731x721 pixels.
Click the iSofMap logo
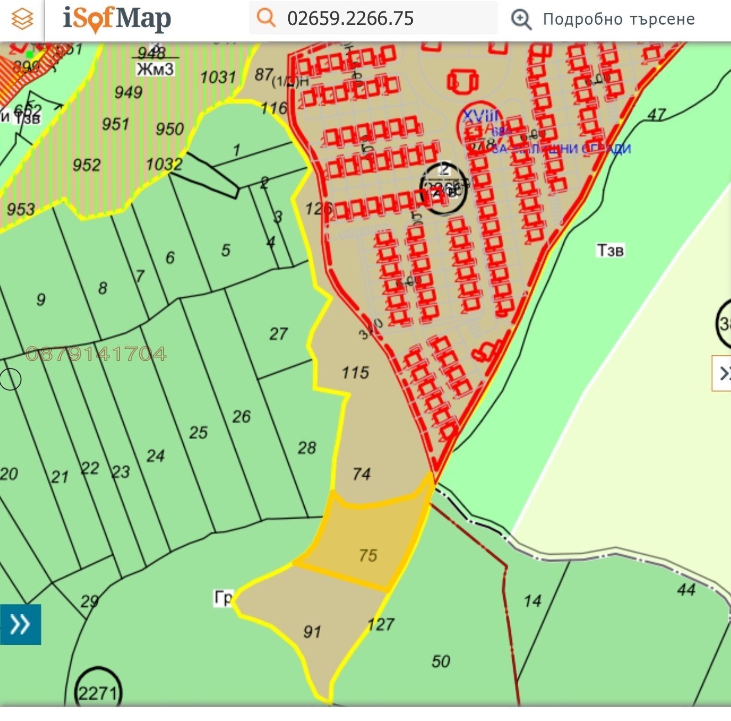(x=117, y=19)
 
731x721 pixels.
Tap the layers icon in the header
(x=22, y=19)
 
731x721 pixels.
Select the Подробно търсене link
(x=618, y=19)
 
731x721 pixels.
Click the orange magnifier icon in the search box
(x=266, y=18)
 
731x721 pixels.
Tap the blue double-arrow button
(x=20, y=624)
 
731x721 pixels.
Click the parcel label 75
(x=368, y=555)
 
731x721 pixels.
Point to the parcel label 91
(x=312, y=632)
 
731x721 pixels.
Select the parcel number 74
(x=361, y=474)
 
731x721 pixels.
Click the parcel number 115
(x=355, y=373)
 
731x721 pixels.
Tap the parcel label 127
(x=381, y=624)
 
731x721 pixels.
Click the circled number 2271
(x=98, y=693)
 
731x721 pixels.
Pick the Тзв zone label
(x=610, y=250)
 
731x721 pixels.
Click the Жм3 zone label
(x=155, y=69)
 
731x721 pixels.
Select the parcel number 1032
(x=164, y=164)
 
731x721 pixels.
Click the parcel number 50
(x=441, y=661)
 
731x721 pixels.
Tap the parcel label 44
(x=686, y=589)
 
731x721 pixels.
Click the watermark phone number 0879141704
(x=96, y=354)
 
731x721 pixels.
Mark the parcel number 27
(x=278, y=334)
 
